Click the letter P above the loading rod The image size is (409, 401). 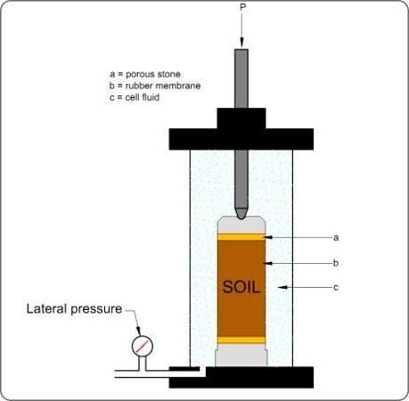[242, 7]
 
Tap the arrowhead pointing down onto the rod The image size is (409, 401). [241, 43]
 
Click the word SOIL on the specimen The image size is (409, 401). [241, 287]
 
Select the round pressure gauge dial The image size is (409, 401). [143, 346]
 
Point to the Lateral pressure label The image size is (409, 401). [74, 309]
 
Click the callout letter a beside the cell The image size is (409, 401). [336, 238]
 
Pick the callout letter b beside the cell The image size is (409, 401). [336, 263]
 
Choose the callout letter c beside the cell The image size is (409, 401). [336, 288]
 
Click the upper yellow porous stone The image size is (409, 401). [241, 237]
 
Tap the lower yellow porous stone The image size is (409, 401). [241, 340]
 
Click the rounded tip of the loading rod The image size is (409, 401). [241, 214]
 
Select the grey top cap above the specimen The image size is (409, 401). [241, 225]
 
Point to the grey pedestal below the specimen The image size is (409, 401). [241, 355]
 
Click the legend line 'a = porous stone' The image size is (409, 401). [145, 74]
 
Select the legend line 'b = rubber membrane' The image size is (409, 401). [155, 86]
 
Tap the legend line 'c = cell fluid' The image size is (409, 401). [135, 97]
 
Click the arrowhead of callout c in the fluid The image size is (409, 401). [282, 287]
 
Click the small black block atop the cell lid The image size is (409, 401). [241, 119]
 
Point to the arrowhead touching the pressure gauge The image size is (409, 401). [138, 331]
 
